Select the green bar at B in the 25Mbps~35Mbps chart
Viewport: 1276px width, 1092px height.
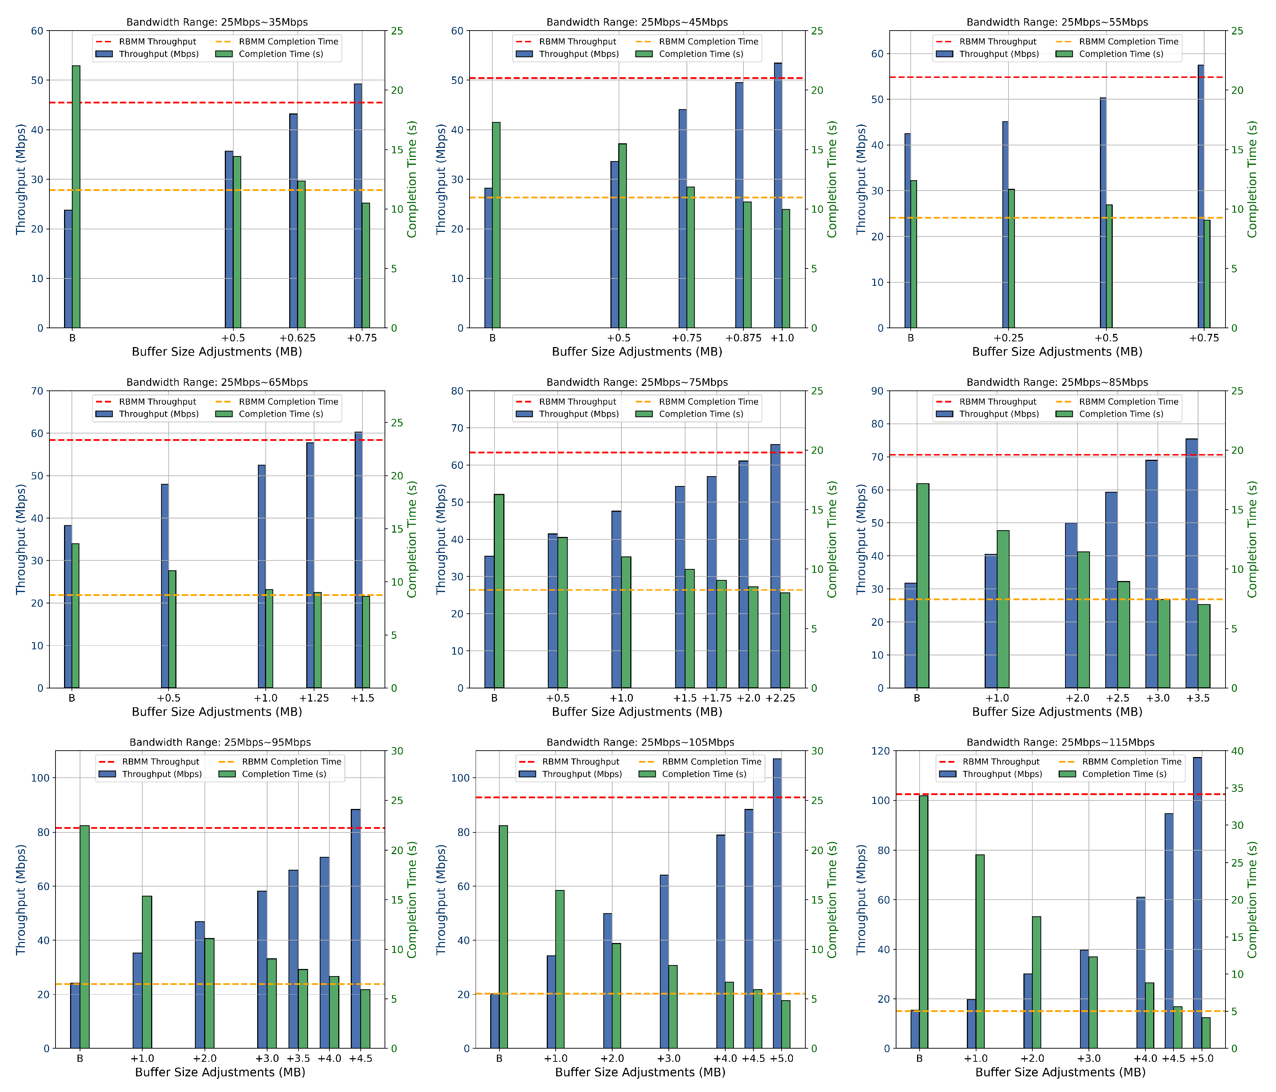point(76,197)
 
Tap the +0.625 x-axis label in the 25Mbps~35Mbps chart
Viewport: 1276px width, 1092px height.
point(297,338)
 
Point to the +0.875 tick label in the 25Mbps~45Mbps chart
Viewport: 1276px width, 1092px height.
point(743,338)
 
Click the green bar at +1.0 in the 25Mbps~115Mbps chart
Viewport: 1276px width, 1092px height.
point(980,951)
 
